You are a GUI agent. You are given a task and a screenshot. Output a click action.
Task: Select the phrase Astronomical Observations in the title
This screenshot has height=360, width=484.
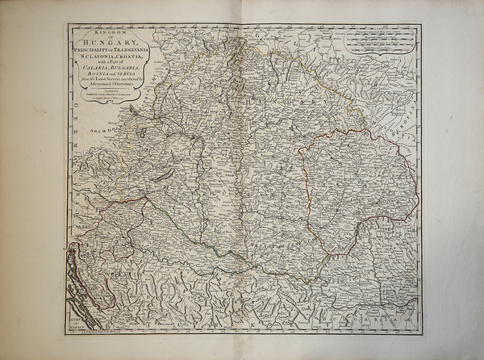click(113, 84)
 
